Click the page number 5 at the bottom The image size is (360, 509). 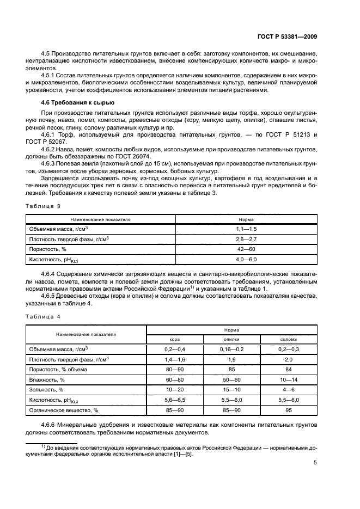315,463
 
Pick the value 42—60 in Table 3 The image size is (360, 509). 246,249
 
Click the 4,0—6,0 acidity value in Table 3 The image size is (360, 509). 246,259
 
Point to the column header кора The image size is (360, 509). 175,339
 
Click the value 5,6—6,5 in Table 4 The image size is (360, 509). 175,400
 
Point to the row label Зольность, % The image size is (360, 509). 46,390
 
